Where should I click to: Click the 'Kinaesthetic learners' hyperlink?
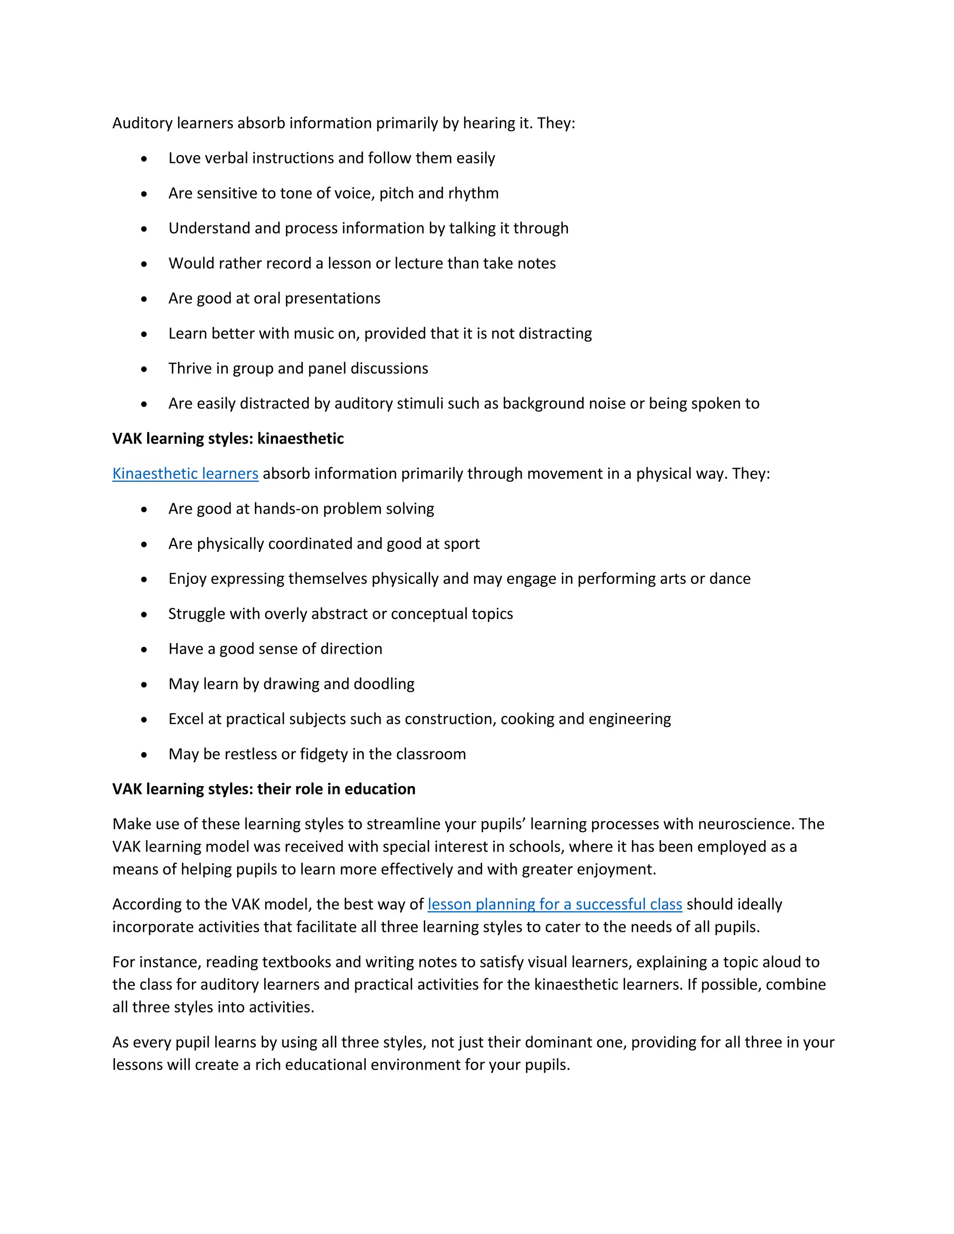pyautogui.click(x=185, y=474)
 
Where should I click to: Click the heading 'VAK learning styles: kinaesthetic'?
pyautogui.click(x=228, y=439)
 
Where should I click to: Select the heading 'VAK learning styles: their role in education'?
pyautogui.click(x=263, y=789)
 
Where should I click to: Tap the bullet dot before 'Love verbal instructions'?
pyautogui.click(x=144, y=159)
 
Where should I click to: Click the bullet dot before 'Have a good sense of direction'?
pyautogui.click(x=144, y=650)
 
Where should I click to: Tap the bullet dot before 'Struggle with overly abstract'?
pyautogui.click(x=144, y=615)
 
